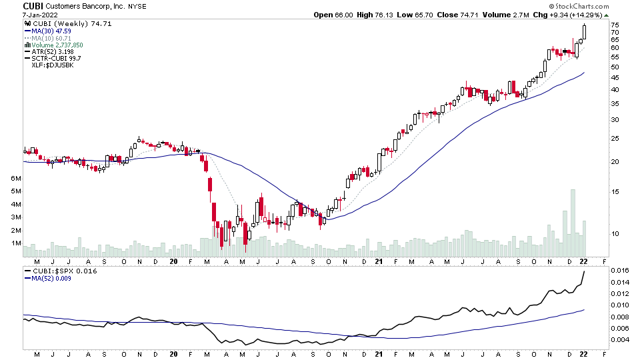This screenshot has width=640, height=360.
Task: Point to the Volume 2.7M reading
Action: coord(507,15)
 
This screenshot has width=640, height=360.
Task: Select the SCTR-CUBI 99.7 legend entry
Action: coord(57,59)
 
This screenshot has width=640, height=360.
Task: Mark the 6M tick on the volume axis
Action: coord(15,179)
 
